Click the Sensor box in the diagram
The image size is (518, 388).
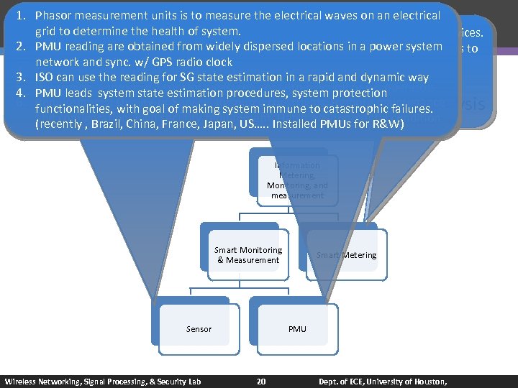point(199,329)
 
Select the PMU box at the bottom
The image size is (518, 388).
point(297,329)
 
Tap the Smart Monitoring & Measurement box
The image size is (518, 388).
point(248,255)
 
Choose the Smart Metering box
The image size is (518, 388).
point(346,255)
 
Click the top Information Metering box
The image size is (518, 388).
point(297,180)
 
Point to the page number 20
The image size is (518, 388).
point(261,381)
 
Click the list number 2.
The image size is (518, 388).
point(22,47)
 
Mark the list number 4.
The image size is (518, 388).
point(22,93)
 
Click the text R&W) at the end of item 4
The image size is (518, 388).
point(390,124)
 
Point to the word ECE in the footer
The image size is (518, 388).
point(356,381)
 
